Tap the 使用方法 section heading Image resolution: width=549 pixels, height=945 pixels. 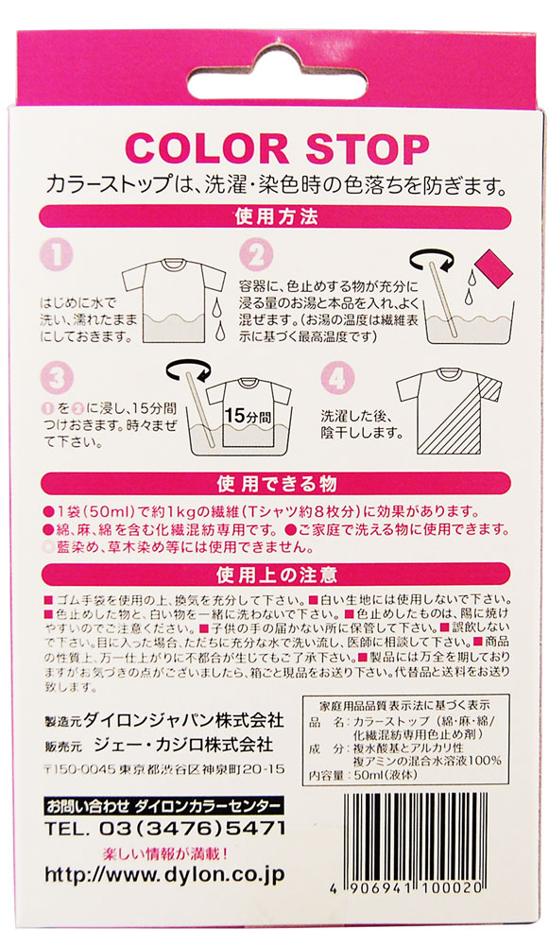coord(275,218)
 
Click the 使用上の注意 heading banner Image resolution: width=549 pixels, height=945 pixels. coord(275,575)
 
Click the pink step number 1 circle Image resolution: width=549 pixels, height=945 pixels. coord(59,254)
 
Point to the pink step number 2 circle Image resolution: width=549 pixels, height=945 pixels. coord(252,254)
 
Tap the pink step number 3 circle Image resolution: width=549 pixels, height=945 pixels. coord(59,380)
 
